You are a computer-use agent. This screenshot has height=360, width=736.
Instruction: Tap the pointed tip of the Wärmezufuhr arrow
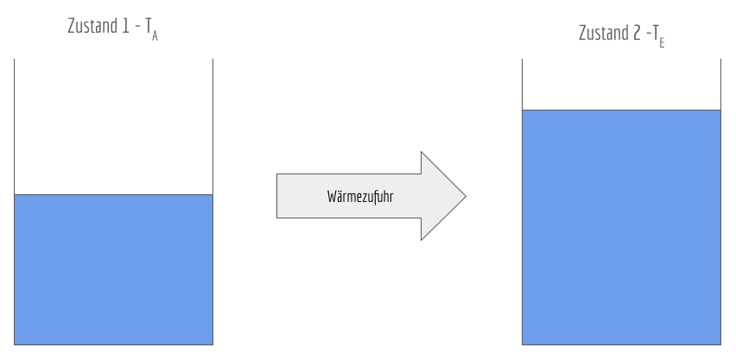click(x=465, y=196)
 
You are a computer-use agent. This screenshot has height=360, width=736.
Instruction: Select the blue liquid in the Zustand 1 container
click(x=113, y=269)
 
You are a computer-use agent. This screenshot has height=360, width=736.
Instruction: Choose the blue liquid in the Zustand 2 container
click(x=622, y=227)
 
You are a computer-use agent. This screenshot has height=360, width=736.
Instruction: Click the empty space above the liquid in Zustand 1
click(x=113, y=126)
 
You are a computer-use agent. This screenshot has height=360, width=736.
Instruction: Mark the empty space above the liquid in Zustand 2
click(x=622, y=85)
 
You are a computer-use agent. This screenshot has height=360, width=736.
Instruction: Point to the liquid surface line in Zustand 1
click(x=113, y=194)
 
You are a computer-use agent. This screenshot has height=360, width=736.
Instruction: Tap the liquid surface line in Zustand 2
click(x=622, y=111)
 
